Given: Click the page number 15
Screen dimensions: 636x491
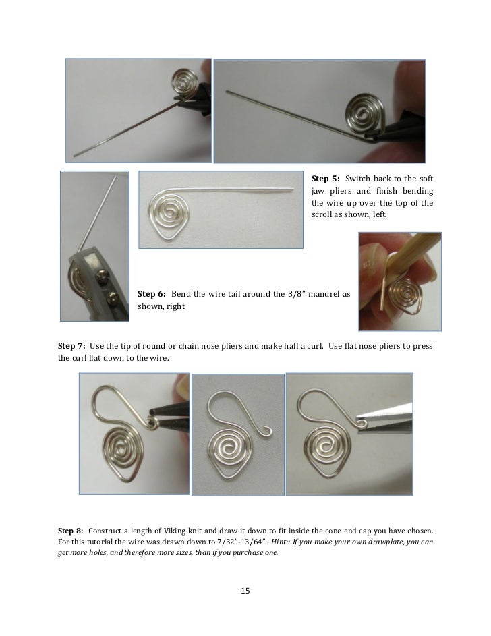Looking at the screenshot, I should pyautogui.click(x=246, y=591).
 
